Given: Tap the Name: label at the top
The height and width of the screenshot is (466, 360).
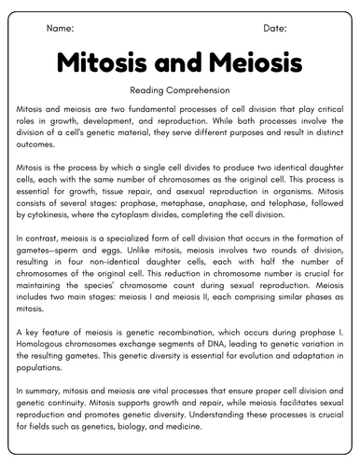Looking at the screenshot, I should tap(61, 29).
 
